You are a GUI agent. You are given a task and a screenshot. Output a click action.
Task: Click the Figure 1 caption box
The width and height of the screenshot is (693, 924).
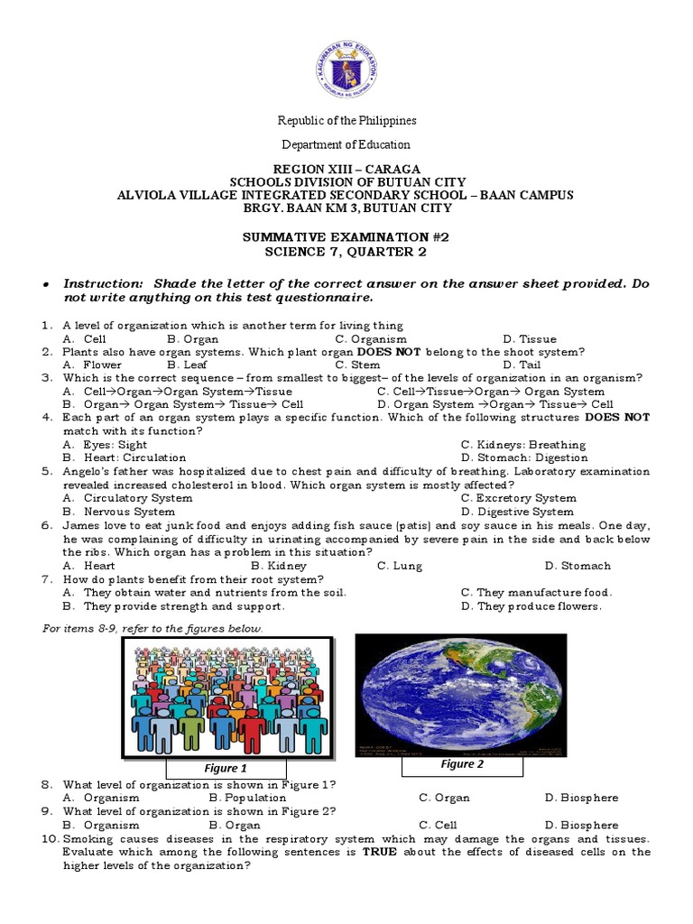pos(226,768)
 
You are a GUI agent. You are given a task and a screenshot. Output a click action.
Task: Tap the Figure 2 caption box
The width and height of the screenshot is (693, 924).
pos(462,764)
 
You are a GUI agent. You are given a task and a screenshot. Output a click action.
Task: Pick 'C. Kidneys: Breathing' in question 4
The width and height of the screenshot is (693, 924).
pos(522,444)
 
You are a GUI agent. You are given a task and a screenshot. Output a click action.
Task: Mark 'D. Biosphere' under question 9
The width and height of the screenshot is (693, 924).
pos(581,825)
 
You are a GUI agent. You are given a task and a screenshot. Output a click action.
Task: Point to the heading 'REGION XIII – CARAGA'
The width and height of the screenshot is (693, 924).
pos(346,169)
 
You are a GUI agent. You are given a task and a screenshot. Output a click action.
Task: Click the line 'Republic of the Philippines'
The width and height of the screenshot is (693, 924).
pos(346,120)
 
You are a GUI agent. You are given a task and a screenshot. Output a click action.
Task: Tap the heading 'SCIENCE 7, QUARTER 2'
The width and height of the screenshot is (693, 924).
pos(346,250)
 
